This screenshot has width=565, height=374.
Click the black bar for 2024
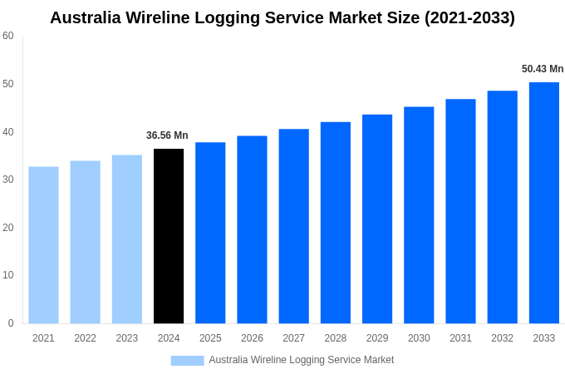coord(169,236)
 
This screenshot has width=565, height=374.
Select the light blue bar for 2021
coord(43,245)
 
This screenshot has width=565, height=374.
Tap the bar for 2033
coord(544,203)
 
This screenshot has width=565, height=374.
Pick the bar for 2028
coord(336,223)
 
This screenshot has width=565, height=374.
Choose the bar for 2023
coord(127,239)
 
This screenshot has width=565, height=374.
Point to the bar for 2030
coord(419,215)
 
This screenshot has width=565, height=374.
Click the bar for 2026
coord(252,229)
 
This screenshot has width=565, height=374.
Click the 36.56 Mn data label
coord(167,135)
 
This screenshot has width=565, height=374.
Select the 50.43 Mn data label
coord(543,69)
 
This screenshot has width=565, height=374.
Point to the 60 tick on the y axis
coord(8,36)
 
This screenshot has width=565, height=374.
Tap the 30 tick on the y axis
coord(8,180)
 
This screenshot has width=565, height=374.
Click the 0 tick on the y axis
coord(11,323)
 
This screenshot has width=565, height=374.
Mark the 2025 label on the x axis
coord(210,338)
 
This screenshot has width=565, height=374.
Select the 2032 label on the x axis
coord(502,338)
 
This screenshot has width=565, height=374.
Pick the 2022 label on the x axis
coord(85,338)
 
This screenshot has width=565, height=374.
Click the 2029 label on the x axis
coord(377,338)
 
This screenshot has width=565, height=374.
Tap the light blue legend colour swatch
coord(187,360)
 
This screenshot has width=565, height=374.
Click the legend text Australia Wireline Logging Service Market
coord(302,360)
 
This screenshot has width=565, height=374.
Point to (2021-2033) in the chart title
coord(469,17)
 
